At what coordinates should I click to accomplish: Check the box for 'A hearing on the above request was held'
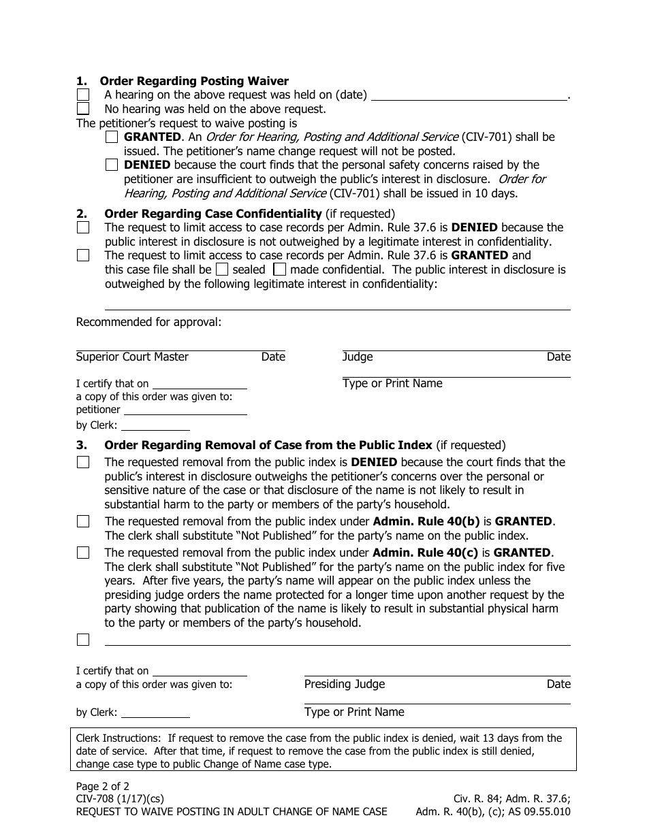pyautogui.click(x=83, y=95)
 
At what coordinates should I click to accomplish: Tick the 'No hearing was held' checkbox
pyautogui.click(x=83, y=109)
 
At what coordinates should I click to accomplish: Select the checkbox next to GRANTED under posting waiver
pyautogui.click(x=112, y=137)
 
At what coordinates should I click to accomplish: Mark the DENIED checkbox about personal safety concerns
pyautogui.click(x=112, y=165)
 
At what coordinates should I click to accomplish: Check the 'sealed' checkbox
pyautogui.click(x=222, y=269)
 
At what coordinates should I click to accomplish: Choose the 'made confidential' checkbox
pyautogui.click(x=279, y=269)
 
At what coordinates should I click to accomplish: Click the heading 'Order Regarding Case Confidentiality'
pyautogui.click(x=212, y=214)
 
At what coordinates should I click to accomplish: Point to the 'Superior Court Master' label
pyautogui.click(x=132, y=357)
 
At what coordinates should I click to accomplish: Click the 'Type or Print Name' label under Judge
pyautogui.click(x=392, y=384)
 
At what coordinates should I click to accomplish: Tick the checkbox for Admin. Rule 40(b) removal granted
pyautogui.click(x=83, y=522)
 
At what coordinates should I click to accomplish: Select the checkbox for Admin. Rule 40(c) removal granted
pyautogui.click(x=83, y=553)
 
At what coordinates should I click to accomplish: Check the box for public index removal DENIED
pyautogui.click(x=83, y=462)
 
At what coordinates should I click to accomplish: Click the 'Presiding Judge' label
pyautogui.click(x=344, y=685)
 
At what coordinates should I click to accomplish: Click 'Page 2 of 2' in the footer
pyautogui.click(x=102, y=787)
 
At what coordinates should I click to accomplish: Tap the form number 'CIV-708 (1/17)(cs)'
pyautogui.click(x=120, y=799)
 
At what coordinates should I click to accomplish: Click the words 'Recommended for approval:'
pyautogui.click(x=148, y=322)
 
